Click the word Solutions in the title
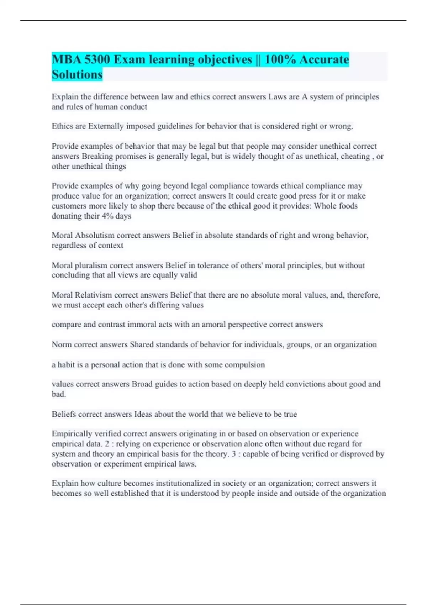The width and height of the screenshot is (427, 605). coord(77,74)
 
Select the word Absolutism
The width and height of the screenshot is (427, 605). coord(95,235)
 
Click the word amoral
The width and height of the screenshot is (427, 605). coord(213,325)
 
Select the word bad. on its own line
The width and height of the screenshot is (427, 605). coord(59,394)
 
